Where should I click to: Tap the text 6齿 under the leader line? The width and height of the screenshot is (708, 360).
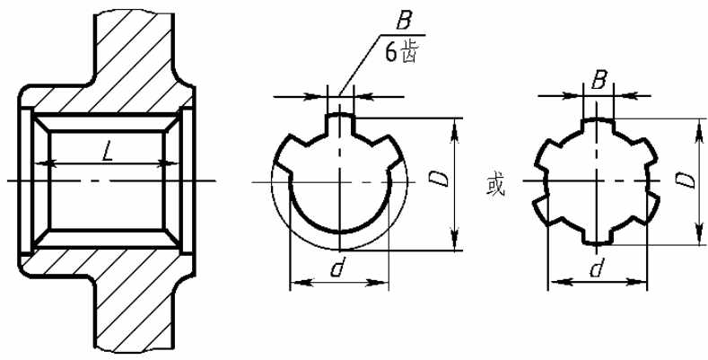pos(399,53)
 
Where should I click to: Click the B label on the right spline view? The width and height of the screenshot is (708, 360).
pos(598,83)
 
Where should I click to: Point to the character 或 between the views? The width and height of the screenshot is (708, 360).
pos(495,186)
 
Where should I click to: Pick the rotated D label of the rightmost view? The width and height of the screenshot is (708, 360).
pos(685,180)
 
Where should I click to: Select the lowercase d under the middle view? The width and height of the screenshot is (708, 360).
pos(337,268)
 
